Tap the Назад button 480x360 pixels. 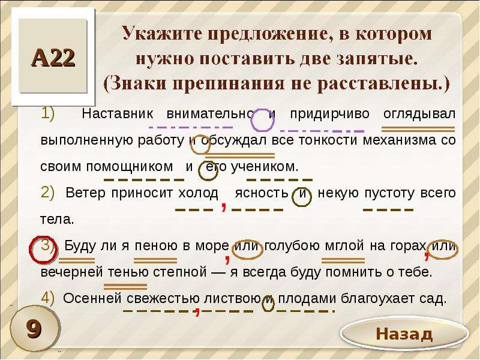[404, 334]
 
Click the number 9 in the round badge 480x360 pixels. [34, 329]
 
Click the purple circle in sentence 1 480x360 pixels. [262, 121]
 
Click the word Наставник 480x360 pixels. [117, 113]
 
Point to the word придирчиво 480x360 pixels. [329, 114]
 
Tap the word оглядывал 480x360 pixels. [419, 114]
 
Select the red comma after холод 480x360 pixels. [224, 206]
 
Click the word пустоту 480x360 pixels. [389, 193]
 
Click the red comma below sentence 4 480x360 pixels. [197, 311]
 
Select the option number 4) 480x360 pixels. [47, 298]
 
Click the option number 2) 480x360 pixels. [47, 193]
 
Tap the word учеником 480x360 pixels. [265, 167]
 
